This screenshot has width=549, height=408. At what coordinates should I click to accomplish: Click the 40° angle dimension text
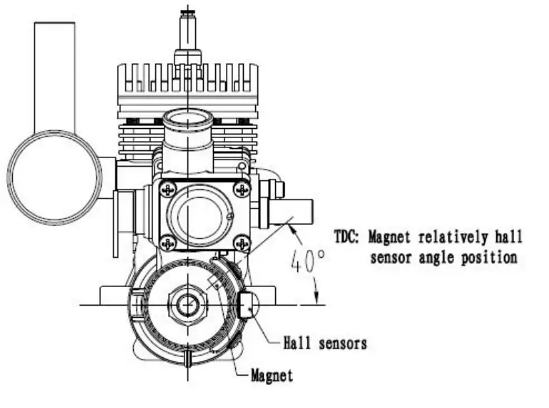click(x=308, y=263)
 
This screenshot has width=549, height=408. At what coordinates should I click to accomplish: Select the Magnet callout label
click(x=272, y=374)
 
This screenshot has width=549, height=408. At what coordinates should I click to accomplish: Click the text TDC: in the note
click(x=350, y=236)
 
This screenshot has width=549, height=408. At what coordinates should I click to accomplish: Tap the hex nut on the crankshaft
click(x=187, y=304)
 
